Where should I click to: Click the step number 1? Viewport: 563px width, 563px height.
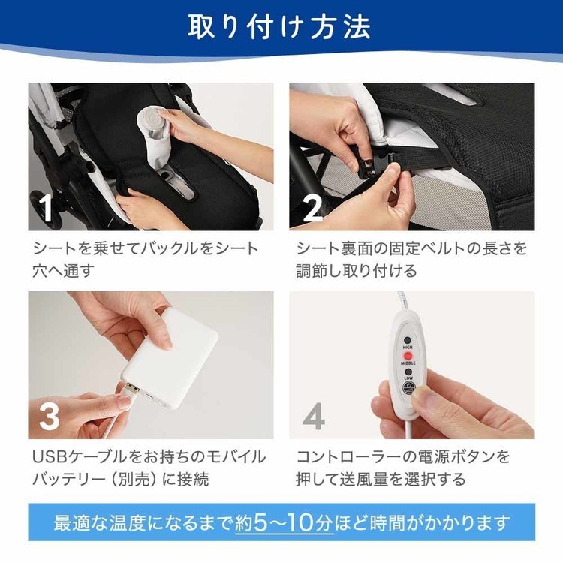47,208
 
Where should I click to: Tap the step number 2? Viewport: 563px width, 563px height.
312,208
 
